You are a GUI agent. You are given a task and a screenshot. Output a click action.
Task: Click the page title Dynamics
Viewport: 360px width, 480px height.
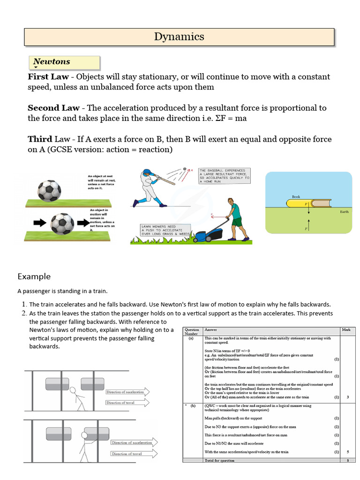(180, 37)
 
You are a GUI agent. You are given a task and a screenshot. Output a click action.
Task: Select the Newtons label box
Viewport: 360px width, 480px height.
(64, 62)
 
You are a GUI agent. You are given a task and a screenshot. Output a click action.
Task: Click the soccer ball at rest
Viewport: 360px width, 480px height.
(49, 191)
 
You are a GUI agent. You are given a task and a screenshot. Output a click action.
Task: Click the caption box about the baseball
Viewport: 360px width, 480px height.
(224, 175)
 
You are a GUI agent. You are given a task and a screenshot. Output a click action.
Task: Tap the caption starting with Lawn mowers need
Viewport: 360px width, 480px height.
(161, 229)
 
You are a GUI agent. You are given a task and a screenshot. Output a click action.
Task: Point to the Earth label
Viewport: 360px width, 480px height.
(345, 212)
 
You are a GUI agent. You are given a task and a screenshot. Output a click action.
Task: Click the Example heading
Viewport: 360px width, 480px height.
(34, 276)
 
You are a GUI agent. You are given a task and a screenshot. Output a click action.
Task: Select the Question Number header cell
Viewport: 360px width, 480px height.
(192, 332)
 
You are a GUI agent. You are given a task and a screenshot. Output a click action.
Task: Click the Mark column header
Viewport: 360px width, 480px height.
(346, 330)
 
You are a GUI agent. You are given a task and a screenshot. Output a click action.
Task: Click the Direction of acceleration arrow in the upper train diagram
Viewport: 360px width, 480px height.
(127, 392)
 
